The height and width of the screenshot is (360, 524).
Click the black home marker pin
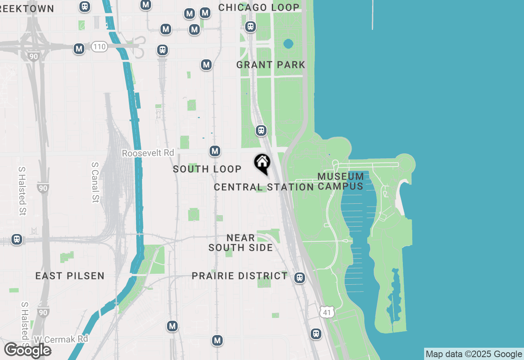coord(262,163)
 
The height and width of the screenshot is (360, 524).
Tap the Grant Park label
coord(271,65)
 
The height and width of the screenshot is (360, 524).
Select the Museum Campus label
coord(341,181)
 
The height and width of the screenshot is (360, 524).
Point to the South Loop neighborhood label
coord(207,169)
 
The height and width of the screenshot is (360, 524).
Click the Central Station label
coord(264,187)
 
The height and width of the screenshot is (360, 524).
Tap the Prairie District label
coord(240,276)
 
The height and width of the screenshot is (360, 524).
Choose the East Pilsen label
coord(70,276)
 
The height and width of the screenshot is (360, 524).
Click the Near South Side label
coord(241,243)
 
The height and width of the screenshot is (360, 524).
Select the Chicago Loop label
coord(259,7)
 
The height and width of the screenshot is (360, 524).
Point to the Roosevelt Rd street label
coord(148,153)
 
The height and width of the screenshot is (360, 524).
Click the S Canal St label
coord(95,182)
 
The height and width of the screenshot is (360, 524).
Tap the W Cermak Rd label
coord(61,339)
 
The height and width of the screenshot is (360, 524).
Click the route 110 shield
coord(99,47)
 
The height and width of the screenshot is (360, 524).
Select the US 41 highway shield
coord(327,312)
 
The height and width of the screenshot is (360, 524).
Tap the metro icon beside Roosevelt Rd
coord(215,151)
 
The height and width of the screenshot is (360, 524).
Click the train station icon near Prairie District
coord(300,278)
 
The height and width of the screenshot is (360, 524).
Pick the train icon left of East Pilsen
coord(17,239)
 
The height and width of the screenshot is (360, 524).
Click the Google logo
coord(27,350)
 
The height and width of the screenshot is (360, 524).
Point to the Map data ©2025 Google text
coord(474,354)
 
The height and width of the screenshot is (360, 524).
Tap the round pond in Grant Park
coord(288,43)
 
